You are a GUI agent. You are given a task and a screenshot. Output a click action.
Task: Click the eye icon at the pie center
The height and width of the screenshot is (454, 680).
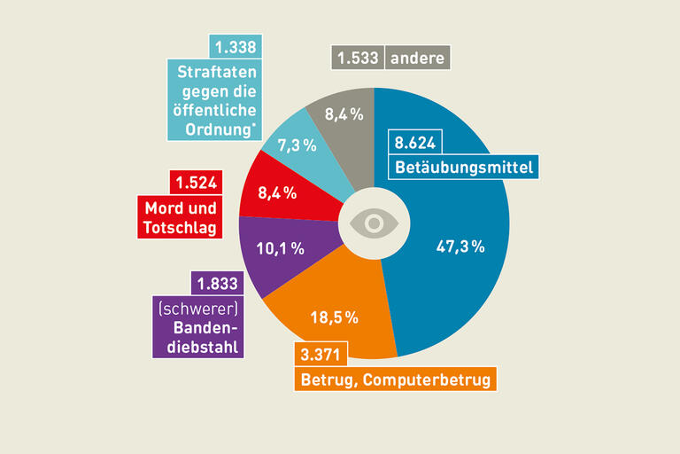click(x=374, y=223)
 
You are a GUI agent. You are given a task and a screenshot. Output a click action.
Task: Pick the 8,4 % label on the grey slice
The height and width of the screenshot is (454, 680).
click(x=343, y=113)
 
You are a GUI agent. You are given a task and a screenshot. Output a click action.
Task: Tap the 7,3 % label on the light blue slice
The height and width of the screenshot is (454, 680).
click(x=297, y=145)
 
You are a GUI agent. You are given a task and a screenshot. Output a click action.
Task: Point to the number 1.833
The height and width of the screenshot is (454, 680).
click(x=213, y=284)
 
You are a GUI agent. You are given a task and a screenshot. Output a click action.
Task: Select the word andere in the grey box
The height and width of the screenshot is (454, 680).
click(x=418, y=59)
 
